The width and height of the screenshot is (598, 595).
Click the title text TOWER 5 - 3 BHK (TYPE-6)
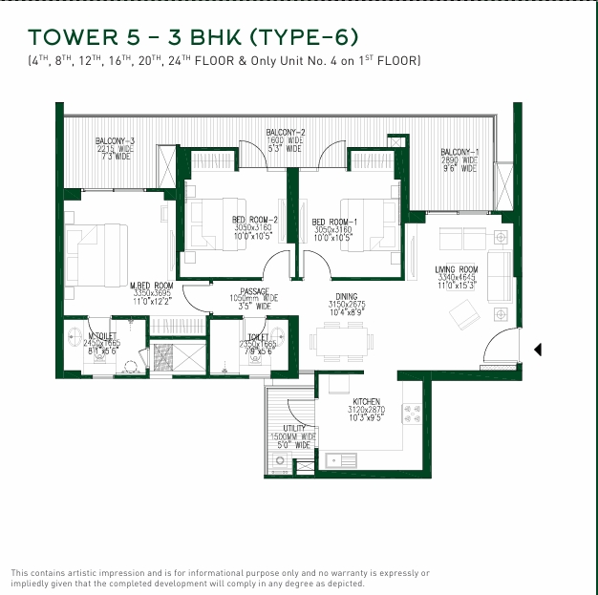click(194, 37)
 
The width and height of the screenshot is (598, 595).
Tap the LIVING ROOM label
click(457, 270)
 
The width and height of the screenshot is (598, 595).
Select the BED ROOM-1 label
click(332, 223)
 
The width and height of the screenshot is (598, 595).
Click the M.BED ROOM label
click(151, 286)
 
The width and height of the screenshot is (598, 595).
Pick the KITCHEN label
click(367, 402)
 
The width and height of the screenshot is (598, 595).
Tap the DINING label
click(346, 297)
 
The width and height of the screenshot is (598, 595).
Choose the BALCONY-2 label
click(285, 132)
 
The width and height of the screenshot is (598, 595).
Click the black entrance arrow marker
click(537, 350)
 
